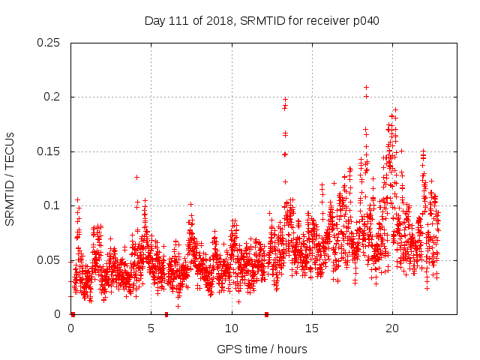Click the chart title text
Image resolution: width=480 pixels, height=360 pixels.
262,21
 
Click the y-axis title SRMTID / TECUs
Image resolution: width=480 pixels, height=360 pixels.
10,178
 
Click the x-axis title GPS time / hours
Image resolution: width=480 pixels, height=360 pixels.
262,349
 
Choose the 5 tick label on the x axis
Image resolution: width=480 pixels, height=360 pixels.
151,328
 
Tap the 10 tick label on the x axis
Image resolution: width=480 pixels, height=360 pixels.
232,328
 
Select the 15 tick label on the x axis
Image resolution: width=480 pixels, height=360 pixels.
312,328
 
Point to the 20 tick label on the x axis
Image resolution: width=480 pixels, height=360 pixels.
392,328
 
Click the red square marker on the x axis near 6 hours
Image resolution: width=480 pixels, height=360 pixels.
166,314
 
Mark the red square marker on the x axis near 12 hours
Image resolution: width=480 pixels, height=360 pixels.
266,314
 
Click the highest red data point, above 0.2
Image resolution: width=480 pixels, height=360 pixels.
366,87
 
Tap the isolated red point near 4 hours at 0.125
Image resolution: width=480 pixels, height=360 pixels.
136,177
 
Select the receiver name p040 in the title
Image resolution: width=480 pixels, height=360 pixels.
366,21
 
